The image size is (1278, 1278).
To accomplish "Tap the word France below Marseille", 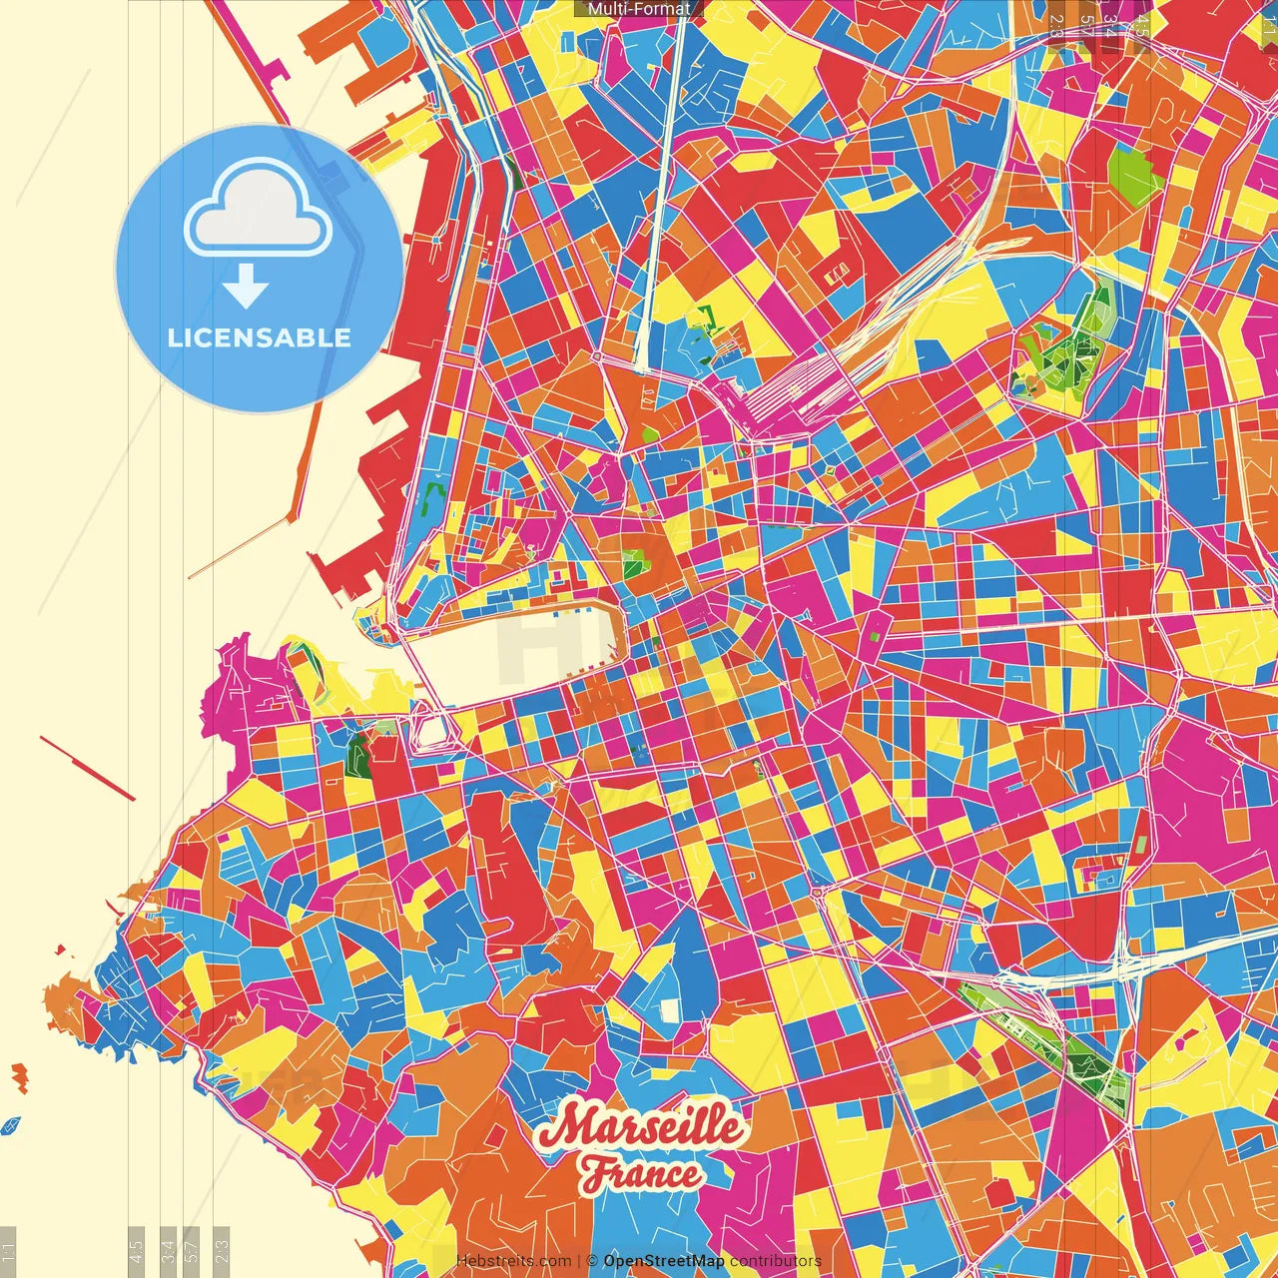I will coord(641,1174).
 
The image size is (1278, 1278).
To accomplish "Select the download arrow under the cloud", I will coord(246,287).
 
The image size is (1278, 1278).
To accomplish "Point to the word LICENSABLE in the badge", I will coord(259,337).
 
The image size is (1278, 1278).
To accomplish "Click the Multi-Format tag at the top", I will coord(639,9).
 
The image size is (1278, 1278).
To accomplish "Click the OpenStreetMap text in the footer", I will coord(663,1261).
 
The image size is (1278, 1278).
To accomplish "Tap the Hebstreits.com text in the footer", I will coord(513,1261).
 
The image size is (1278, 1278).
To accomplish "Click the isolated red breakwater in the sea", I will coord(88,769).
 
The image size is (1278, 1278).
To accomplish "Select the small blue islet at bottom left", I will coord(11,1125).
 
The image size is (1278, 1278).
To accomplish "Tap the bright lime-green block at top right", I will coord(1134,176).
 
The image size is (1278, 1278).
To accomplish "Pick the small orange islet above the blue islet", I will coord(19,1076).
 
